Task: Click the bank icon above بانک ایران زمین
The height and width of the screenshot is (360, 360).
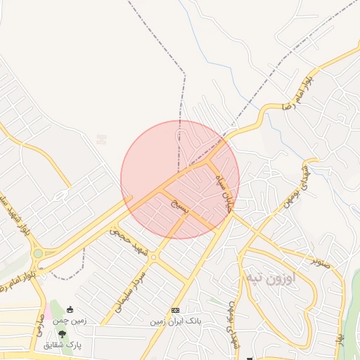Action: tap(175, 311)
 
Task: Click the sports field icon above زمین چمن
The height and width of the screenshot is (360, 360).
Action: tap(70, 309)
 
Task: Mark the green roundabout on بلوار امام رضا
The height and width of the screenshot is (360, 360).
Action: tap(37, 253)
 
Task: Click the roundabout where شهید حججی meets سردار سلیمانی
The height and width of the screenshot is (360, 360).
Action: tap(153, 257)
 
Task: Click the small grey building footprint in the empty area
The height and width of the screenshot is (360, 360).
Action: tap(102, 140)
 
